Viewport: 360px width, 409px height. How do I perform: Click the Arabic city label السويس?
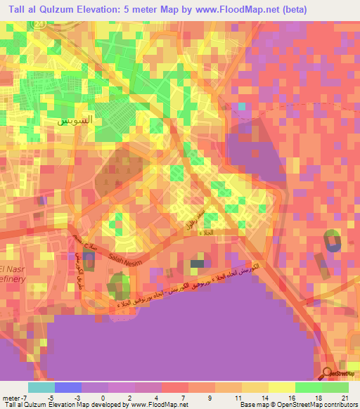[73, 119]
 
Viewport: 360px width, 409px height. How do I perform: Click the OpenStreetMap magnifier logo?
[327, 374]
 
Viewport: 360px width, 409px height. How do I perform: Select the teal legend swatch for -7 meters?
[41, 387]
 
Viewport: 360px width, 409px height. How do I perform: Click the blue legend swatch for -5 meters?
[68, 387]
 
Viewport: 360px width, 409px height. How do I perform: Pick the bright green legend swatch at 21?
[335, 387]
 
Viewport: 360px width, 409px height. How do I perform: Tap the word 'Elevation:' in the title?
[95, 8]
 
